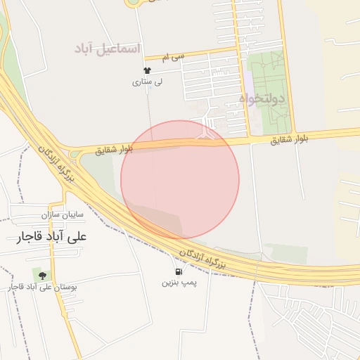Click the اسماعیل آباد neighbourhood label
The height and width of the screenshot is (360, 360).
tap(108, 49)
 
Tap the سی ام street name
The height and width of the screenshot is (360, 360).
tap(172, 56)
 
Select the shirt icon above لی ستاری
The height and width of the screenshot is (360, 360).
tap(147, 70)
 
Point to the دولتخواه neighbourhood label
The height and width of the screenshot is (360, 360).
tap(262, 99)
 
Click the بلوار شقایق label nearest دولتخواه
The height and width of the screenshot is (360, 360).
tap(290, 140)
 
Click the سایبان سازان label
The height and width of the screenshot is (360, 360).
tap(62, 213)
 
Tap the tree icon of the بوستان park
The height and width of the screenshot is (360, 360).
tap(43, 275)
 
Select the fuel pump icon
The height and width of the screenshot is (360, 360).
tap(177, 271)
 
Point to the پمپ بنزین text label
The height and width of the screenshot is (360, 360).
tap(177, 283)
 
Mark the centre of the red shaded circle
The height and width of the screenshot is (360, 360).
tap(180, 179)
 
